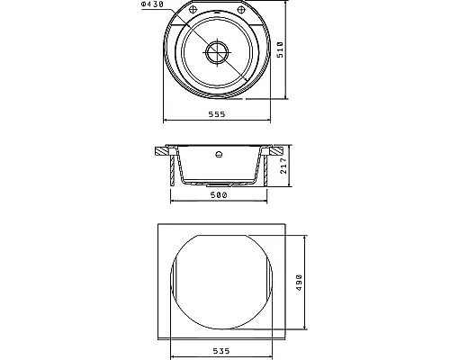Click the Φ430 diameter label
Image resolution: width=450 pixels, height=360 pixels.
(x=152, y=4)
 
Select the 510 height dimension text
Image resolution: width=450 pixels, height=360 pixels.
(x=280, y=49)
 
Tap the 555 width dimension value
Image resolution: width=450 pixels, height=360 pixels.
(x=217, y=114)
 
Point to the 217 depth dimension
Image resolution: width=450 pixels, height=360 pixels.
(x=283, y=166)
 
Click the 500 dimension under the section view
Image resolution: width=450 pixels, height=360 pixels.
(x=219, y=195)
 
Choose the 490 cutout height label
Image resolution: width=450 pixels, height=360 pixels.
(x=299, y=283)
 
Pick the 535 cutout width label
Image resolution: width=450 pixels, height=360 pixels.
(x=221, y=351)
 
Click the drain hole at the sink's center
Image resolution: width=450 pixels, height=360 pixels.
(x=217, y=52)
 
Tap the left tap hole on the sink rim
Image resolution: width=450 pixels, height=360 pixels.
(x=193, y=10)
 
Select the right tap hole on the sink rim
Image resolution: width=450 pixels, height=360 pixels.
(x=241, y=10)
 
